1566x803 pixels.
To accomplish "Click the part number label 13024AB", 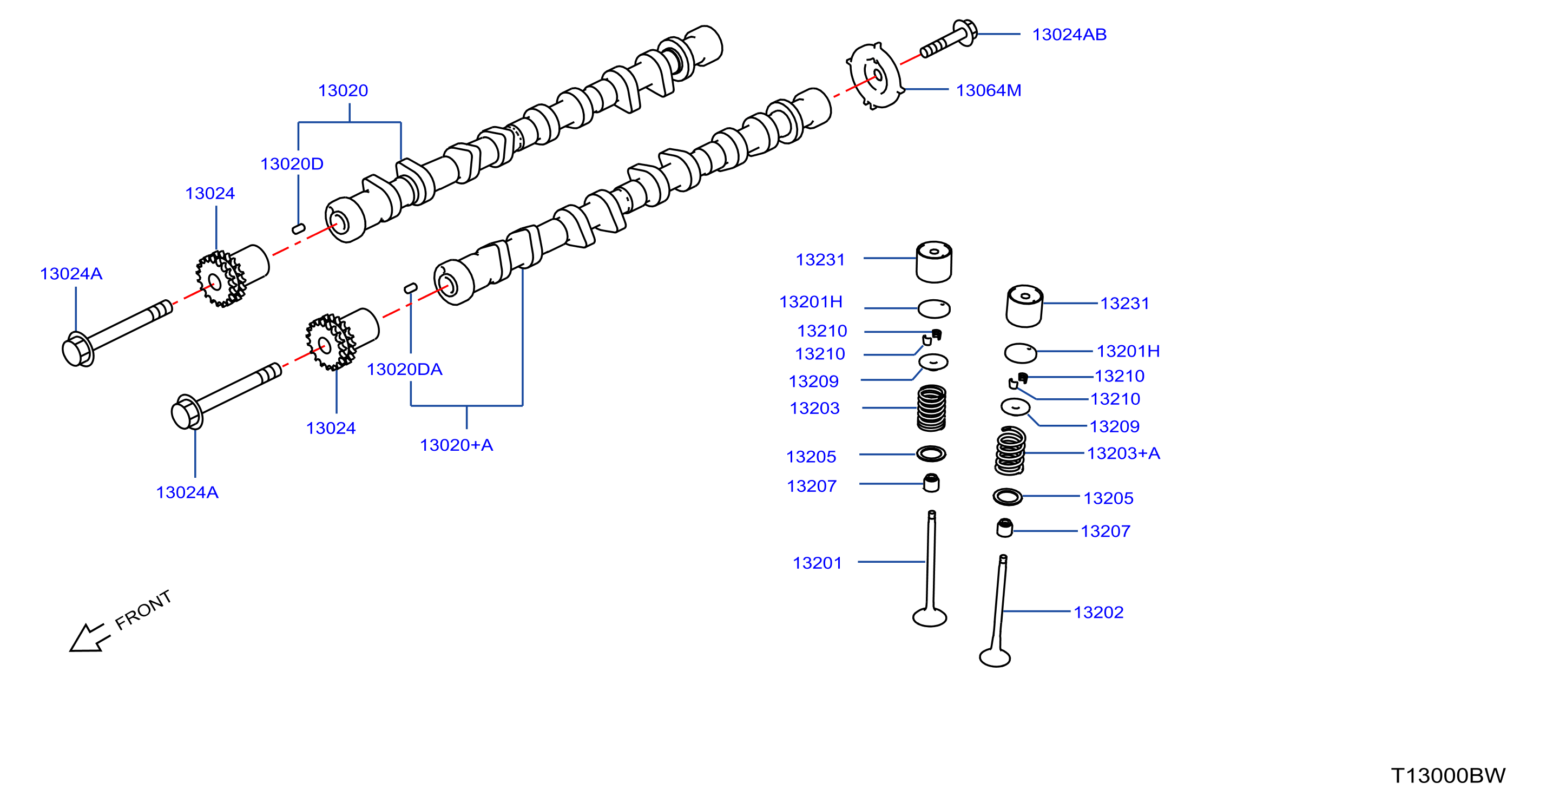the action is [1069, 35].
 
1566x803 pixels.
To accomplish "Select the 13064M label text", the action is [989, 90].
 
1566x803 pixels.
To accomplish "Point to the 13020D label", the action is [292, 164].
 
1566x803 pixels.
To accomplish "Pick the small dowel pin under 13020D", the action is [299, 228].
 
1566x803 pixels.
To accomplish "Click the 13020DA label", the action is [404, 370].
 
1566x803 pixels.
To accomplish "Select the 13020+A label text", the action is [457, 445].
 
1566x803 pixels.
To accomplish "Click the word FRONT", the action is [143, 610].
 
